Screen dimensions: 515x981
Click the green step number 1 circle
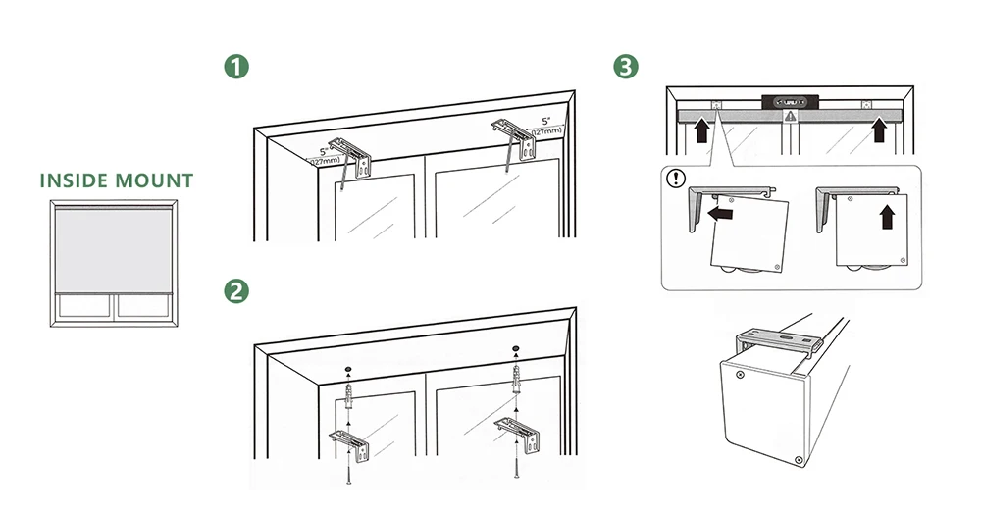pyautogui.click(x=235, y=67)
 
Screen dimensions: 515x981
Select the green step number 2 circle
pyautogui.click(x=235, y=291)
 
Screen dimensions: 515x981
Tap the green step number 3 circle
pyautogui.click(x=625, y=67)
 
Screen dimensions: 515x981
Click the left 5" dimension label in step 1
pyautogui.click(x=323, y=152)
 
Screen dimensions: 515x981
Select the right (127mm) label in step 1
pyautogui.click(x=547, y=131)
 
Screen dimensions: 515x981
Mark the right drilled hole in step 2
pyautogui.click(x=516, y=350)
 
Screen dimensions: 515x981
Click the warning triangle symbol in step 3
pyautogui.click(x=791, y=115)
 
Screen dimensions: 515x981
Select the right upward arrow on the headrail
pyautogui.click(x=879, y=129)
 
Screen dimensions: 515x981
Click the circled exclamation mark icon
pyautogui.click(x=677, y=180)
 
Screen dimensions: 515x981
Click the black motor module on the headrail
pyautogui.click(x=790, y=100)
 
